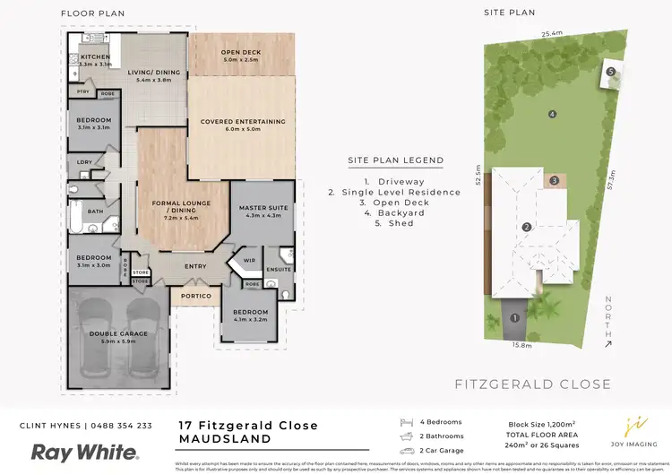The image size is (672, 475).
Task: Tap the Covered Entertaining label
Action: click(243, 122)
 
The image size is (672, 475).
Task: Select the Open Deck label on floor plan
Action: click(241, 52)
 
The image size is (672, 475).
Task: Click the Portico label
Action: click(196, 296)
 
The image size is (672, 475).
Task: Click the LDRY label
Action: click(85, 162)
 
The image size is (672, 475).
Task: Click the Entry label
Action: click(195, 266)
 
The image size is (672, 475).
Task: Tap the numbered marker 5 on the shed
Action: click(609, 72)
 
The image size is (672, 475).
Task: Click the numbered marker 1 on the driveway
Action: click(514, 316)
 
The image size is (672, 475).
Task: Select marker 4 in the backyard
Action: click(553, 114)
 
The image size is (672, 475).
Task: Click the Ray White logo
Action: click(85, 452)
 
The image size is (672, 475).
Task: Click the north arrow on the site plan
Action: click(608, 324)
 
